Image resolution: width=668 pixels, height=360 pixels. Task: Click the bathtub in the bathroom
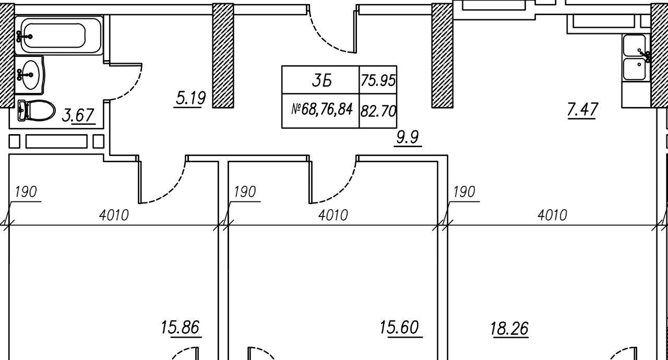(x=58, y=35)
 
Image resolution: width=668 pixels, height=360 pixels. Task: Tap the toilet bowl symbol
(x=38, y=110)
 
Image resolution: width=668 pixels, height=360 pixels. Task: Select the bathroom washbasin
(x=30, y=75)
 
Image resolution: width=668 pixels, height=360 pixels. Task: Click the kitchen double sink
(x=635, y=57)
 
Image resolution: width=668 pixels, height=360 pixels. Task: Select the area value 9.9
(x=408, y=138)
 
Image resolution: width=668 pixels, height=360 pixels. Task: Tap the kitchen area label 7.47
(x=582, y=110)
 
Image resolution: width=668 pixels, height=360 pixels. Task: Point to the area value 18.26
(x=509, y=329)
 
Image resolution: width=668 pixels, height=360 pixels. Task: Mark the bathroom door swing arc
(x=130, y=86)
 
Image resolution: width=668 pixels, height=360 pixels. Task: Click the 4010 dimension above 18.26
(x=552, y=214)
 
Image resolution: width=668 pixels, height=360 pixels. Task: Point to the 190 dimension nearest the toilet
(x=26, y=192)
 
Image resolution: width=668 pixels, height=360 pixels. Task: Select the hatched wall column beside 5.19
(x=223, y=55)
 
